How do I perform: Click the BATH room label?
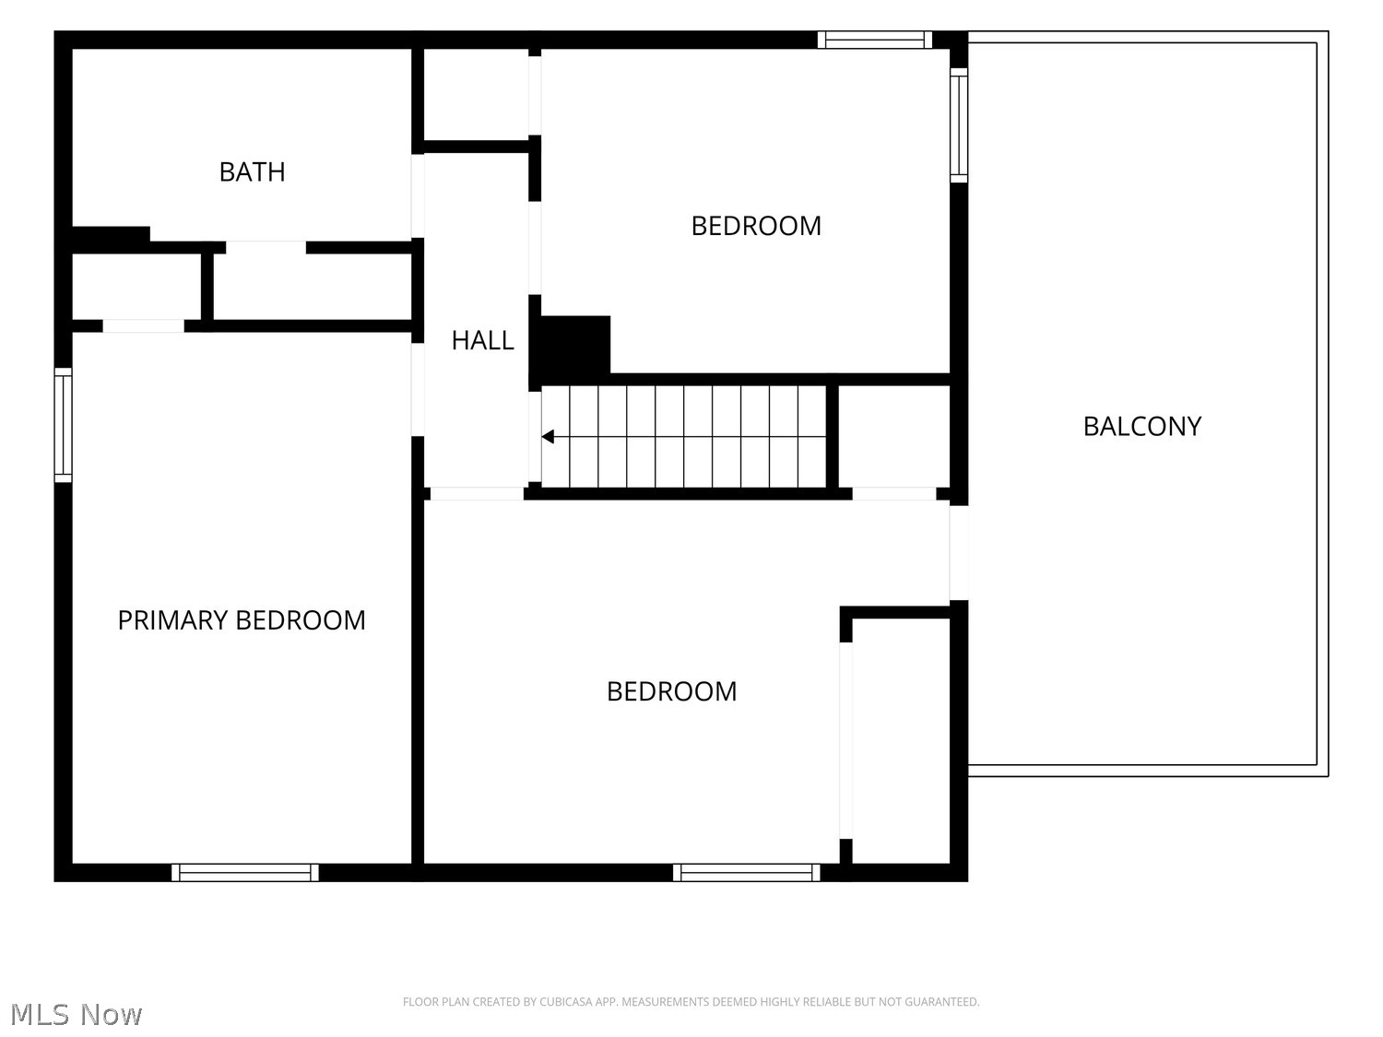pyautogui.click(x=252, y=171)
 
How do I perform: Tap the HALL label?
pyautogui.click(x=482, y=341)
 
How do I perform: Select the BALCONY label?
pyautogui.click(x=1141, y=426)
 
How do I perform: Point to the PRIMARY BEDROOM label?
pyautogui.click(x=242, y=620)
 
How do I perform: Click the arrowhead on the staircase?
pyautogui.click(x=548, y=436)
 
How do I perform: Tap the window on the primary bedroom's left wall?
pyautogui.click(x=63, y=425)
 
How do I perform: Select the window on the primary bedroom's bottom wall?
pyautogui.click(x=245, y=873)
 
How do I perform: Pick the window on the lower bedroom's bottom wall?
pyautogui.click(x=747, y=873)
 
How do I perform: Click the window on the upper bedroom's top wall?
pyautogui.click(x=875, y=40)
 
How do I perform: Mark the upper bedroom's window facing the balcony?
pyautogui.click(x=958, y=125)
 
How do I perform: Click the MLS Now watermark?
pyautogui.click(x=77, y=1014)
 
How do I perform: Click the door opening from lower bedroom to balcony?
pyautogui.click(x=958, y=553)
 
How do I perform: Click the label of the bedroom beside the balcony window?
pyautogui.click(x=756, y=226)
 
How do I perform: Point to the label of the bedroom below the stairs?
pyautogui.click(x=671, y=691)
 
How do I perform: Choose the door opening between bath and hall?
pyautogui.click(x=418, y=196)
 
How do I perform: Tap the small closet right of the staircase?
pyautogui.click(x=894, y=436)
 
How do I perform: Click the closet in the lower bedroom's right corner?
pyautogui.click(x=901, y=741)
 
